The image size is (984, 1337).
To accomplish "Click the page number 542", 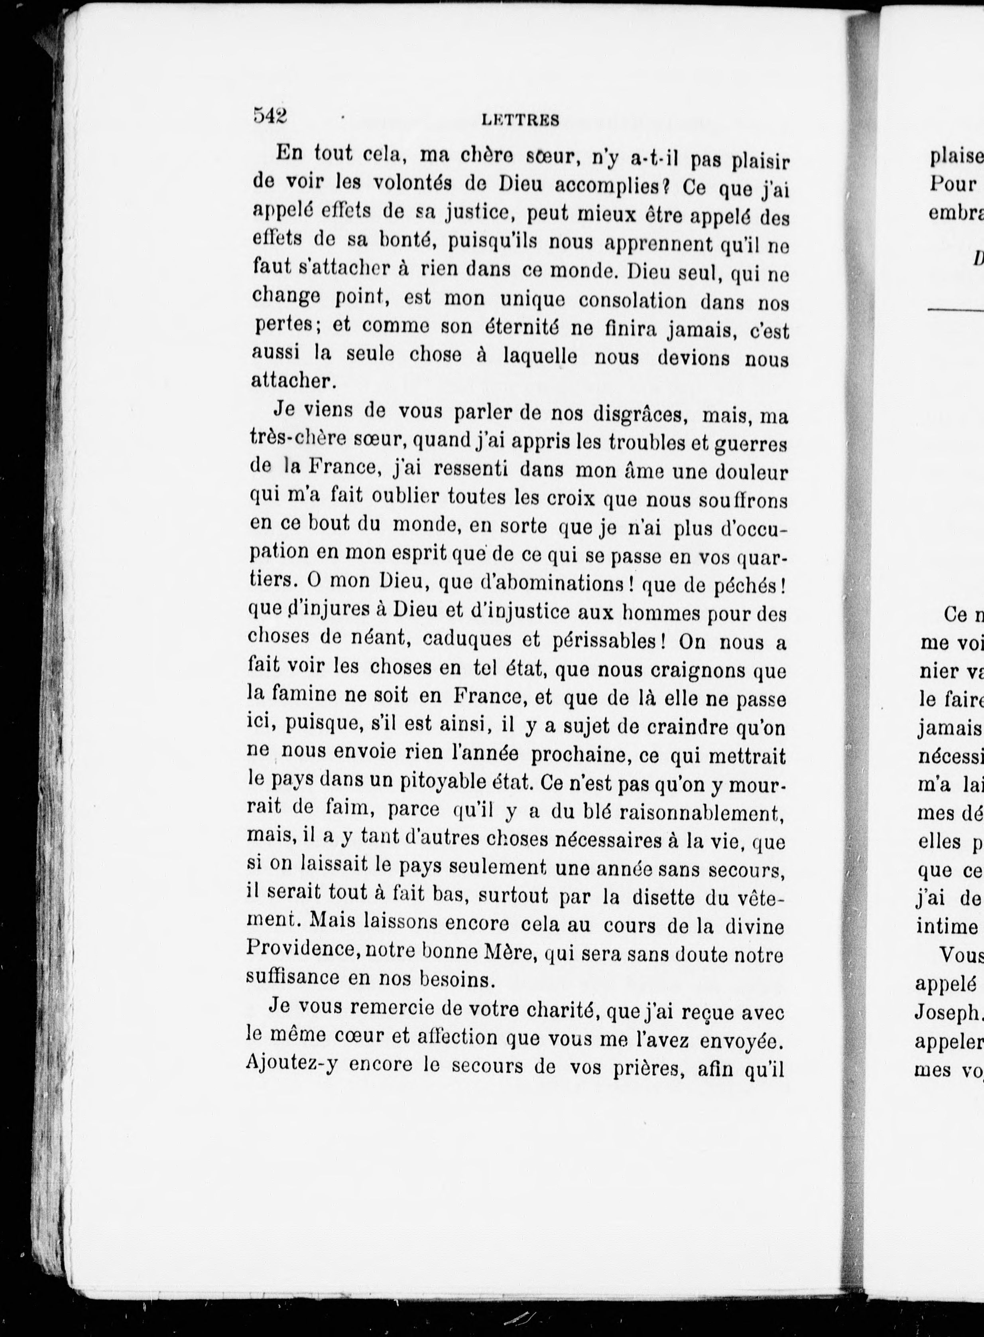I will coord(270,116).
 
